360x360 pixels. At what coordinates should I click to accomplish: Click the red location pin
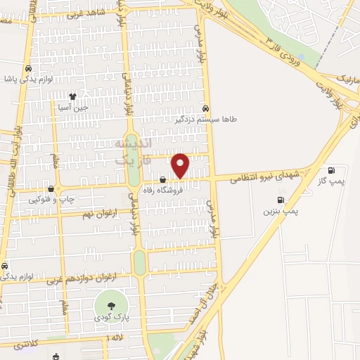pyautogui.click(x=181, y=165)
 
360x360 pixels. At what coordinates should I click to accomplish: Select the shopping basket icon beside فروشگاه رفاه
pyautogui.click(x=162, y=180)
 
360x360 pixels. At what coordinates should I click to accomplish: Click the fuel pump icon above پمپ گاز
pyautogui.click(x=332, y=170)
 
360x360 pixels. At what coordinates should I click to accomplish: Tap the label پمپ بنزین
pyautogui.click(x=281, y=210)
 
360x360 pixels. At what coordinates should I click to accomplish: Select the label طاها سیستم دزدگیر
pyautogui.click(x=207, y=120)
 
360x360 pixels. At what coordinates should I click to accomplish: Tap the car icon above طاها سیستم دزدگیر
pyautogui.click(x=205, y=109)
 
